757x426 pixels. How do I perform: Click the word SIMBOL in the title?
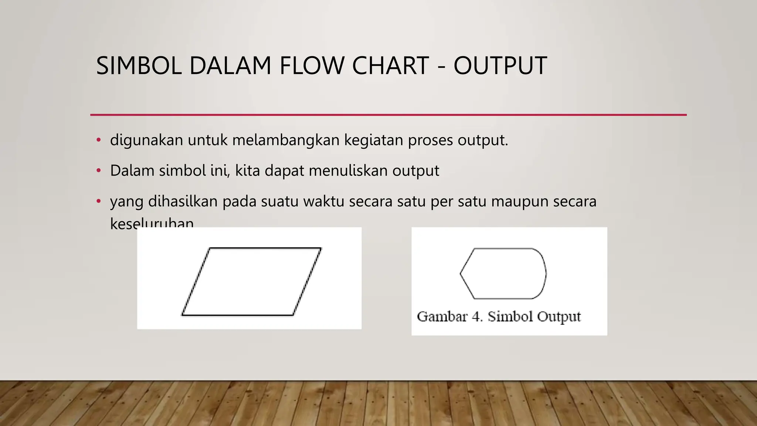139,66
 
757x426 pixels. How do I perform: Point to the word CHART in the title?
390,66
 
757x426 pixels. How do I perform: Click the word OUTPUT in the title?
500,66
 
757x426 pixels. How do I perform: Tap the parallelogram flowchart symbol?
251,281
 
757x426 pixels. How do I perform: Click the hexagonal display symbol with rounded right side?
503,274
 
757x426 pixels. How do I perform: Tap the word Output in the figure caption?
559,317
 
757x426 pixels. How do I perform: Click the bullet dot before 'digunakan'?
98,140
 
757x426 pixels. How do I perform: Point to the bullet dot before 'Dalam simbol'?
98,171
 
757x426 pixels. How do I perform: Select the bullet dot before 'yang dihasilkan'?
98,202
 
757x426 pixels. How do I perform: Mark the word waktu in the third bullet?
324,202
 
